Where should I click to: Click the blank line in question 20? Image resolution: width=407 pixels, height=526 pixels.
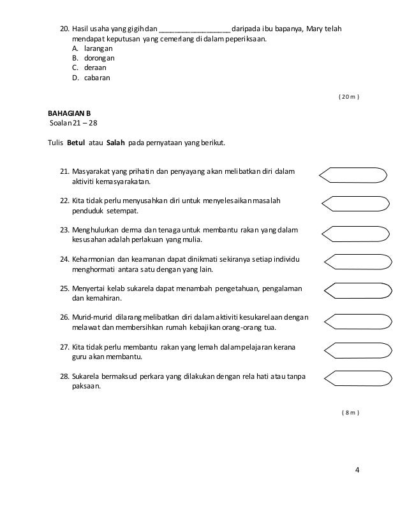coord(195,29)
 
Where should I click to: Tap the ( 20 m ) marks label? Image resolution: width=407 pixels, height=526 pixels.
coord(348,97)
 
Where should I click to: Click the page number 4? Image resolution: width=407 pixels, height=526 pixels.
coord(357,471)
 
